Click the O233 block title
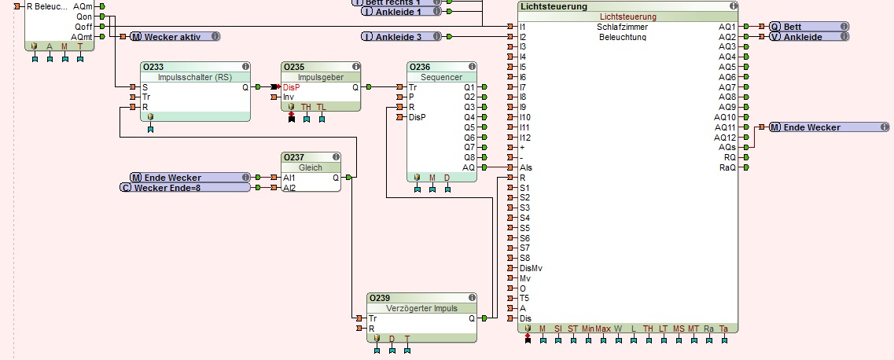153,67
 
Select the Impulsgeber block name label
321,77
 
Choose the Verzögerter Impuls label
421,308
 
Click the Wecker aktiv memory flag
174,36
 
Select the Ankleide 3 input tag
402,36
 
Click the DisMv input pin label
532,268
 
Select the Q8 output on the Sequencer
469,157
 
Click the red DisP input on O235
291,87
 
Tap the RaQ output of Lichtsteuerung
727,167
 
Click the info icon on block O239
472,298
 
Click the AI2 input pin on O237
289,188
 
